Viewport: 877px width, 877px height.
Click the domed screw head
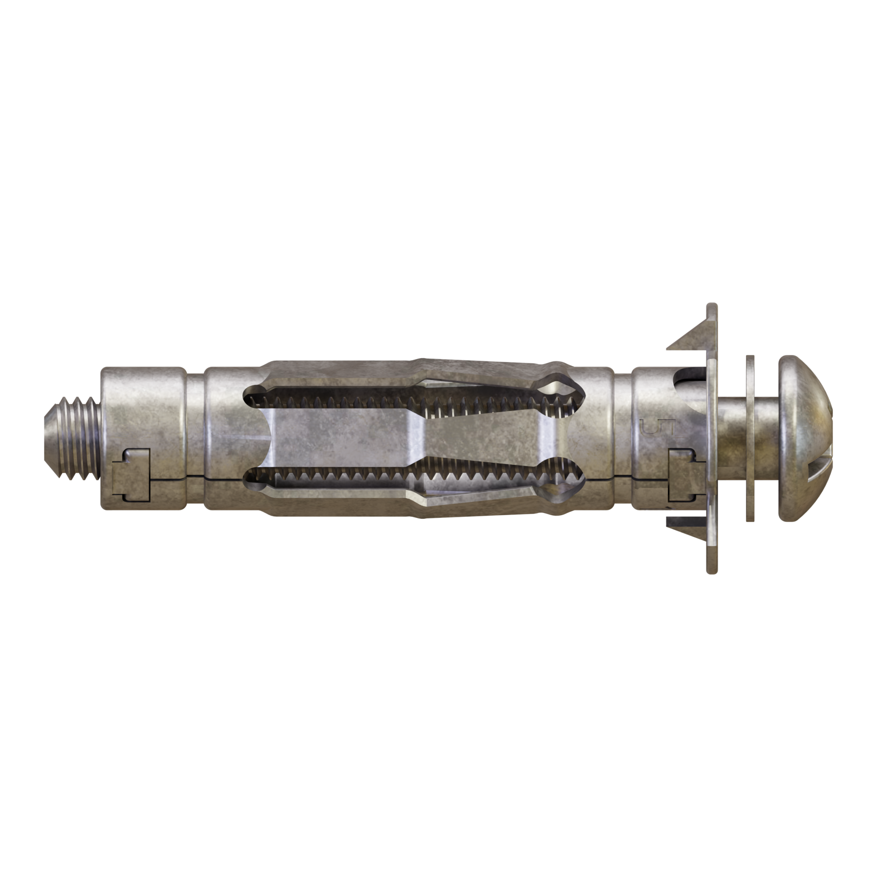point(805,438)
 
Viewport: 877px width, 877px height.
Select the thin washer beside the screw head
point(750,438)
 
